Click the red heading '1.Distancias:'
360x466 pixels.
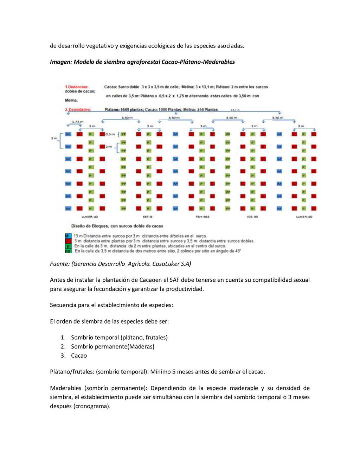[x=76, y=87]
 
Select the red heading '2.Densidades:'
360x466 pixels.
[x=78, y=110]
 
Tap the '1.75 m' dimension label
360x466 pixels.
[x=78, y=122]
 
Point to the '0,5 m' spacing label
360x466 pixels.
[x=110, y=134]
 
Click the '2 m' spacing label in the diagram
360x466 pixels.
[x=109, y=147]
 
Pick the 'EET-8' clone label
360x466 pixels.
[x=148, y=217]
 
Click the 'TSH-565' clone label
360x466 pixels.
[x=202, y=217]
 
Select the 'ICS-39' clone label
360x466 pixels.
[x=252, y=217]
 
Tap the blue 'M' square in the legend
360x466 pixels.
[x=68, y=236]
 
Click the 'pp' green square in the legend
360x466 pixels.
[x=68, y=251]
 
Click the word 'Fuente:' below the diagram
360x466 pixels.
[x=60, y=264]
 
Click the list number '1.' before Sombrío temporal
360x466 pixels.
[x=63, y=338]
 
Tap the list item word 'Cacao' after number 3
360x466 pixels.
[x=79, y=356]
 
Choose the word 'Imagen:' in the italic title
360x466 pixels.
[x=61, y=62]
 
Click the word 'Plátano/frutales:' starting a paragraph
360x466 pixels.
[x=72, y=372]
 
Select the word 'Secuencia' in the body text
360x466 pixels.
[x=62, y=305]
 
